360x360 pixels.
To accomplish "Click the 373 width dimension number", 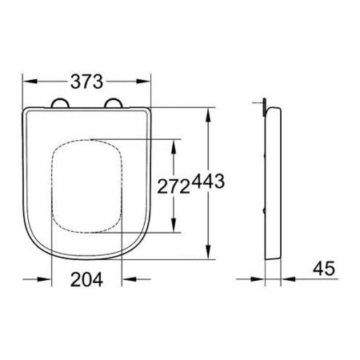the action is click(x=86, y=82).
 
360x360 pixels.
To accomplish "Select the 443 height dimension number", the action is click(x=208, y=182).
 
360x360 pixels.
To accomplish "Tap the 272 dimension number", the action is click(x=174, y=186).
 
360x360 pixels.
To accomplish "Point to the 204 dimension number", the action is click(x=86, y=279).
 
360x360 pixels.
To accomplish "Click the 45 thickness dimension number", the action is click(x=324, y=269).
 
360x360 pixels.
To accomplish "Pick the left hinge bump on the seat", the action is click(x=60, y=103).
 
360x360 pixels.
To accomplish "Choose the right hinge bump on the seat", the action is click(x=114, y=103).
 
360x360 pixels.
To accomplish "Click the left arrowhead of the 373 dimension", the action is click(x=30, y=82).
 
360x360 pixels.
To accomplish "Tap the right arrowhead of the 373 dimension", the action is click(x=144, y=82).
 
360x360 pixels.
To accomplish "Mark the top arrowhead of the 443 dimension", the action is click(x=208, y=115).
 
